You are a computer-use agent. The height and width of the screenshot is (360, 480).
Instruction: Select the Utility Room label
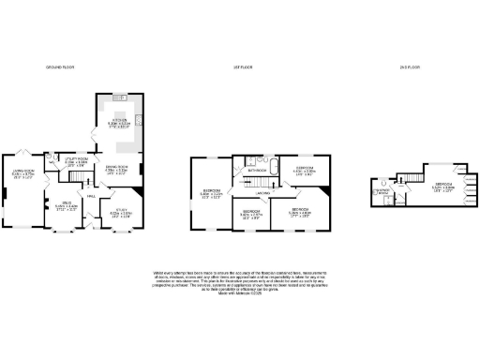pyautogui.click(x=76, y=162)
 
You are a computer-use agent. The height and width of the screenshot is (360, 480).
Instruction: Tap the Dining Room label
pyautogui.click(x=114, y=170)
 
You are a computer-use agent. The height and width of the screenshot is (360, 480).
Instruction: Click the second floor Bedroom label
pyautogui.click(x=444, y=186)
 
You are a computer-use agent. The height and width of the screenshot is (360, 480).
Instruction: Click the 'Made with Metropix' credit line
pyautogui.click(x=240, y=296)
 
